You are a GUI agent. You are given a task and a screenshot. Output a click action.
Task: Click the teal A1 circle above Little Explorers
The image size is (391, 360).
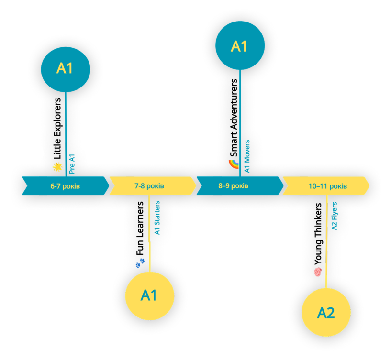click(66, 69)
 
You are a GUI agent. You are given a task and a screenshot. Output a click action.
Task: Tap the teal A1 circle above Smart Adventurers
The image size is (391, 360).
click(240, 45)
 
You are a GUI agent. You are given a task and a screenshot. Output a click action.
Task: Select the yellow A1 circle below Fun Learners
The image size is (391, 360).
click(150, 296)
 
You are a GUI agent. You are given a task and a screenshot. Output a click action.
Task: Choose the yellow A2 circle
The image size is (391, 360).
click(326, 312)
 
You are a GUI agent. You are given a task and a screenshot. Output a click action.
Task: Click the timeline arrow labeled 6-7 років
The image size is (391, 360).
click(66, 186)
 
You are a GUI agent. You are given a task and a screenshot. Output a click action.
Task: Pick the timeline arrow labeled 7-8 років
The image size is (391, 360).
click(153, 186)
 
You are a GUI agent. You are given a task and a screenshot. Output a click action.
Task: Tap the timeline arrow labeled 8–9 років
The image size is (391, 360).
click(240, 186)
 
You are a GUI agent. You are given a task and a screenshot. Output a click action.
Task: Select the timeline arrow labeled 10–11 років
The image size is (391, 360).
click(326, 186)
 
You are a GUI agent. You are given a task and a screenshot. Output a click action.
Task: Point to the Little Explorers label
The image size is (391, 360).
click(57, 129)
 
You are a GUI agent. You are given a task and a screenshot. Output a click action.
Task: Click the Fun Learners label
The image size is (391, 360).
click(140, 229)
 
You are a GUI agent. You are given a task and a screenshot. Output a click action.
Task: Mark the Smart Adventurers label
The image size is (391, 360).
click(234, 118)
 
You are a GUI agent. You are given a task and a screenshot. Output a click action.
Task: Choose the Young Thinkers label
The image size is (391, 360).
click(318, 234)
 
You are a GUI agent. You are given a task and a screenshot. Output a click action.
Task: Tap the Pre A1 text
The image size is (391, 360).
click(72, 164)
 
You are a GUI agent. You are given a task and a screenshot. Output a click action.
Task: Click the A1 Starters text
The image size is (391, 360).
click(157, 218)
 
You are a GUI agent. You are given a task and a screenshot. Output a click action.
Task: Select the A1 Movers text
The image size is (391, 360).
click(247, 156)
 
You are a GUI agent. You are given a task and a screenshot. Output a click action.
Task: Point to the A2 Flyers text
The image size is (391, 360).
click(334, 216)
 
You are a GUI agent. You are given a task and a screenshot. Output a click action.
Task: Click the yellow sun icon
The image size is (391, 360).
click(57, 167)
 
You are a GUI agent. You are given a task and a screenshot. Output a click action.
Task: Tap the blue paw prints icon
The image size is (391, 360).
click(140, 263)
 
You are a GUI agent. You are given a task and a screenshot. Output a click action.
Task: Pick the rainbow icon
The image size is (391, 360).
click(234, 164)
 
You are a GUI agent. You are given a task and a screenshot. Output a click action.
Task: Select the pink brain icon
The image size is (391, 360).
click(318, 272)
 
